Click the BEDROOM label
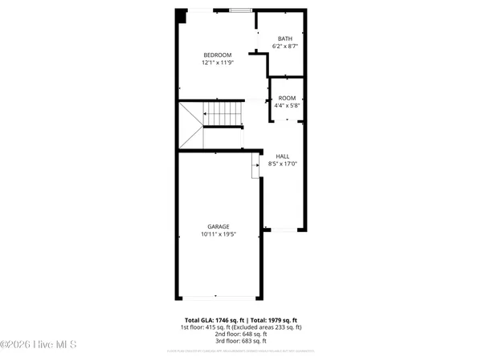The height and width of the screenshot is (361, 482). pyautogui.click(x=217, y=55)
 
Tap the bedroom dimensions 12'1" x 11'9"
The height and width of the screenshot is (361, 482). pyautogui.click(x=217, y=62)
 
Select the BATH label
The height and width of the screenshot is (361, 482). pyautogui.click(x=285, y=39)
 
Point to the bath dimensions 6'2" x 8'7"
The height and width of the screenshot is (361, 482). pyautogui.click(x=285, y=47)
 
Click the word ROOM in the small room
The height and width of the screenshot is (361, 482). pyautogui.click(x=287, y=98)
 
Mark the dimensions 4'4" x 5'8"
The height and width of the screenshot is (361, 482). pyautogui.click(x=287, y=105)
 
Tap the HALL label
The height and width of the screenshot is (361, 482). pyautogui.click(x=283, y=156)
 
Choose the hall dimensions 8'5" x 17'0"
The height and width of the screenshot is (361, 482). pyautogui.click(x=283, y=164)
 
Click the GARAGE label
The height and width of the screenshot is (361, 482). pyautogui.click(x=217, y=227)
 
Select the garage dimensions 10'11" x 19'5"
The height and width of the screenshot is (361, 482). pyautogui.click(x=217, y=234)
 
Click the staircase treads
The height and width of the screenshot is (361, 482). pyautogui.click(x=222, y=114)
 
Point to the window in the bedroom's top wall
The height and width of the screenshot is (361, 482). pyautogui.click(x=239, y=10)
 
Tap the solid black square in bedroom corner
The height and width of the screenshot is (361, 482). pyautogui.click(x=182, y=14)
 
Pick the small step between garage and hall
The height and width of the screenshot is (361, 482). pyautogui.click(x=256, y=167)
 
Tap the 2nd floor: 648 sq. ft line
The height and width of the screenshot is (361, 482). pyautogui.click(x=241, y=334)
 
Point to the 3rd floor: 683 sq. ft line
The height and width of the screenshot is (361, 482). pyautogui.click(x=241, y=340)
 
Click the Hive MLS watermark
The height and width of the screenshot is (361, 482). pyautogui.click(x=38, y=345)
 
